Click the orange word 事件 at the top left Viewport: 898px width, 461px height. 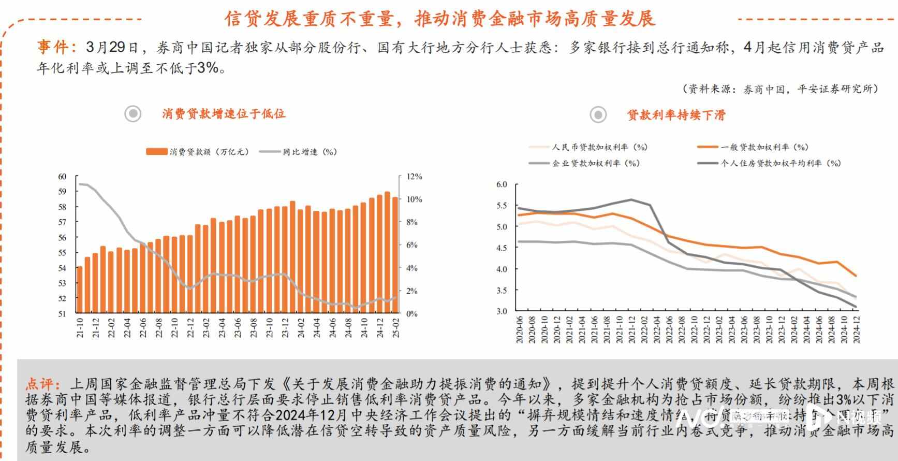(x=53, y=48)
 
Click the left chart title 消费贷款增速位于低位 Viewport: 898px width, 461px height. (x=224, y=114)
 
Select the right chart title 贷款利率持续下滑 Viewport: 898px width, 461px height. (x=676, y=115)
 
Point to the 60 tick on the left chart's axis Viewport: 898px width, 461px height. (x=62, y=177)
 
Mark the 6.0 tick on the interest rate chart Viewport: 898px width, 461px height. (x=502, y=184)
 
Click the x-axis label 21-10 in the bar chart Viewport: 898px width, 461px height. (x=80, y=328)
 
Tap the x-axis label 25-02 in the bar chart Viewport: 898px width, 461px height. (x=395, y=328)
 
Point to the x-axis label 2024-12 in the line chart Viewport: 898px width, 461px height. (x=856, y=330)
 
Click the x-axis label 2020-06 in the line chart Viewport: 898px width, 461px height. (x=519, y=330)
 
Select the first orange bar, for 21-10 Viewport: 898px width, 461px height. (x=80, y=290)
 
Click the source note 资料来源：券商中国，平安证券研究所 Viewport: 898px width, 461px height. (x=781, y=89)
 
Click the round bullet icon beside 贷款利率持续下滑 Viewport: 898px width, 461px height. (x=598, y=114)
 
